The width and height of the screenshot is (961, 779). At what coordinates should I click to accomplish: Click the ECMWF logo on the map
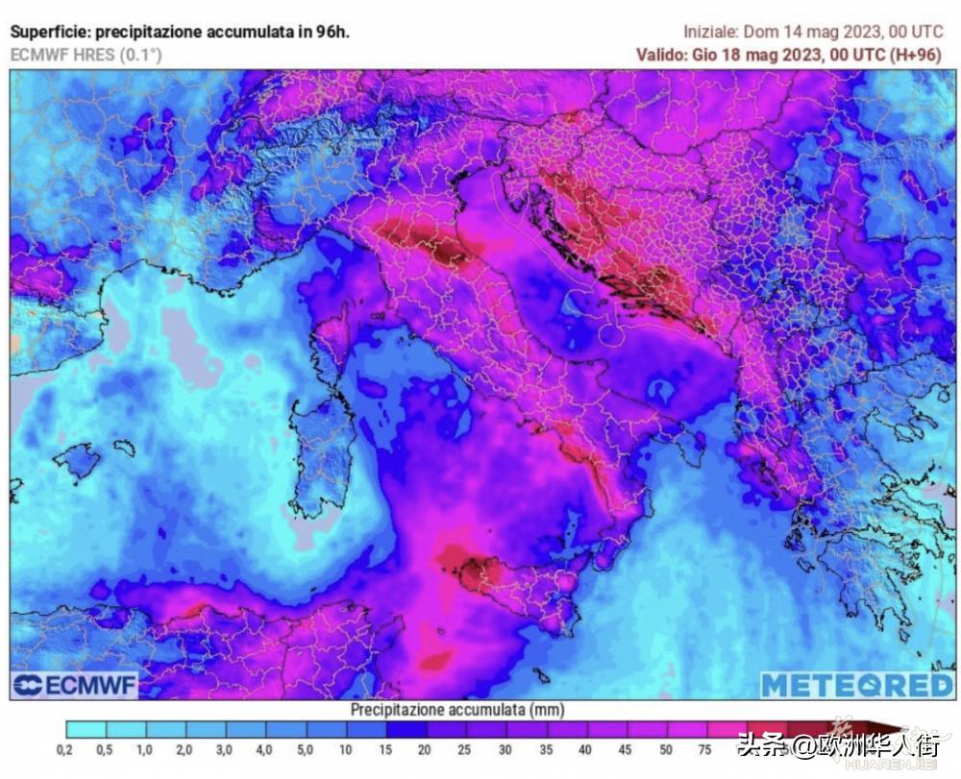click(75, 685)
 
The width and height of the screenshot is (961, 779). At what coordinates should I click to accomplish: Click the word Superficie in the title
click(49, 32)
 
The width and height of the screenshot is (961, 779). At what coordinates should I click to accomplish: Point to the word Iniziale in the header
click(710, 32)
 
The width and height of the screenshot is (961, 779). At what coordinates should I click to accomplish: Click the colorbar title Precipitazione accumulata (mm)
click(456, 710)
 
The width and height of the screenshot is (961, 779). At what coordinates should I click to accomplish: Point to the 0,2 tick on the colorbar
click(66, 750)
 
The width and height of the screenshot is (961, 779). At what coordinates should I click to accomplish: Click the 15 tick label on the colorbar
click(384, 750)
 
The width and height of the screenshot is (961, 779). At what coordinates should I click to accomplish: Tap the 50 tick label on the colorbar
click(665, 750)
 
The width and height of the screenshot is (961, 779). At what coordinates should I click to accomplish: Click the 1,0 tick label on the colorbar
click(144, 750)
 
